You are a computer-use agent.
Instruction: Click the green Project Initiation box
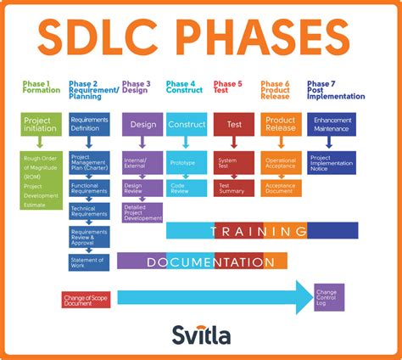42,125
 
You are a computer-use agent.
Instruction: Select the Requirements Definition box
89,125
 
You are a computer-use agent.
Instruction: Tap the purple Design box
142,125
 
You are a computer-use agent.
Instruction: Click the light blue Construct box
187,125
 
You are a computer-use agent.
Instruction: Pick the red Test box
234,125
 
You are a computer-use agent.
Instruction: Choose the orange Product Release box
280,125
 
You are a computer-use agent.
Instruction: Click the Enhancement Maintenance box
332,125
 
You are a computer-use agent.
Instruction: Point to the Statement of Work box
89,262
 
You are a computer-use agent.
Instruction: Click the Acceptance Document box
280,186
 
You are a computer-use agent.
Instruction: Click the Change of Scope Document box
86,299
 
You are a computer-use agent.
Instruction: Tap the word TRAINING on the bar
260,230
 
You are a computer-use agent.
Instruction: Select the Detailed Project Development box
142,211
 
